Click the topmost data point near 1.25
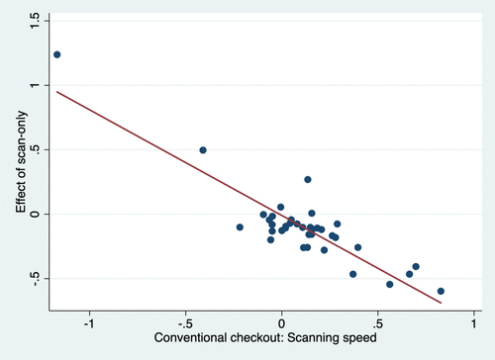[x=57, y=54]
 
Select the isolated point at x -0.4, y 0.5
[x=203, y=150]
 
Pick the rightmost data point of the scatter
[x=441, y=291]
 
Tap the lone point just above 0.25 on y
[x=308, y=180]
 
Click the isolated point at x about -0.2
[x=240, y=227]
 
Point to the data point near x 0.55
[x=390, y=284]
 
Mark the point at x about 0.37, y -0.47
[x=352, y=274]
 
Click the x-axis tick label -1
[x=89, y=323]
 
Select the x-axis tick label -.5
[x=185, y=323]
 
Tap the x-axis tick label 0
[x=281, y=323]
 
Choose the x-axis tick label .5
[x=377, y=323]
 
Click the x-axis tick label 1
[x=474, y=323]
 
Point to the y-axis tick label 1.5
[x=35, y=21]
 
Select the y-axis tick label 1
[x=35, y=85]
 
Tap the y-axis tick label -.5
[x=35, y=279]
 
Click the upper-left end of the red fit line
[x=56, y=92]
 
